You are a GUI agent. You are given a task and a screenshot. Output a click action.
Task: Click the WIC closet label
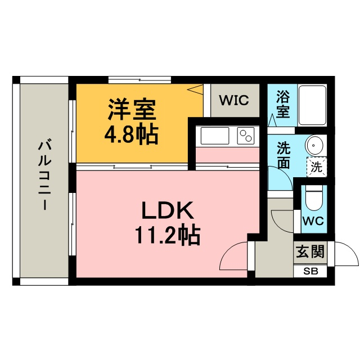234,101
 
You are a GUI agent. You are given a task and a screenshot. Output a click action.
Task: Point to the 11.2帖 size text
167,236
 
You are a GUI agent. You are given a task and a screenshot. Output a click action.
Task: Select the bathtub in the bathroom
312,105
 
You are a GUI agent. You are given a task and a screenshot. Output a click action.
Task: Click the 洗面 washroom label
282,156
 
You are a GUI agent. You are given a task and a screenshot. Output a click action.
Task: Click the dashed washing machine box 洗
317,166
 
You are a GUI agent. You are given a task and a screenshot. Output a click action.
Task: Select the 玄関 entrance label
310,251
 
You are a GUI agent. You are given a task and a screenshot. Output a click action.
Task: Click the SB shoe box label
310,271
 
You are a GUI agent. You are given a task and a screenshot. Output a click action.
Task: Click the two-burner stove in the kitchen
246,136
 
